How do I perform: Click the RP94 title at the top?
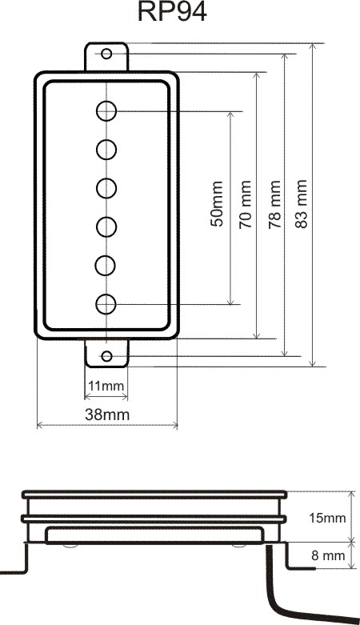[x=172, y=12]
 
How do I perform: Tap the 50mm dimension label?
[x=217, y=204]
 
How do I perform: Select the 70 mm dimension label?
[x=245, y=205]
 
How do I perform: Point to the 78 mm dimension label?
[x=274, y=205]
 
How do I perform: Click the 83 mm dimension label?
[x=301, y=204]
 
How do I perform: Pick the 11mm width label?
[x=106, y=386]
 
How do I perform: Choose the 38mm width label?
[x=107, y=415]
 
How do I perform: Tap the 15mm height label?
[x=327, y=518]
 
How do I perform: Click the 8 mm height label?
[x=328, y=555]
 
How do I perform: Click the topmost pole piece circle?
[x=106, y=110]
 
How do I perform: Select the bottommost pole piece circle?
[x=106, y=305]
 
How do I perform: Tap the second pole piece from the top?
[x=106, y=150]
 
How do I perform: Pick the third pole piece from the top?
[x=106, y=188]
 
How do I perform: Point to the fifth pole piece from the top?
[x=106, y=266]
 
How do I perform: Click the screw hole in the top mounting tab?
[x=106, y=54]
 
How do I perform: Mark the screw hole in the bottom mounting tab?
[x=106, y=356]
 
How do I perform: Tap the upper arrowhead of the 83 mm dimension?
[x=313, y=46]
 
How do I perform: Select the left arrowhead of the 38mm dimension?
[x=39, y=426]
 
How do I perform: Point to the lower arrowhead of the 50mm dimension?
[x=230, y=302]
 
